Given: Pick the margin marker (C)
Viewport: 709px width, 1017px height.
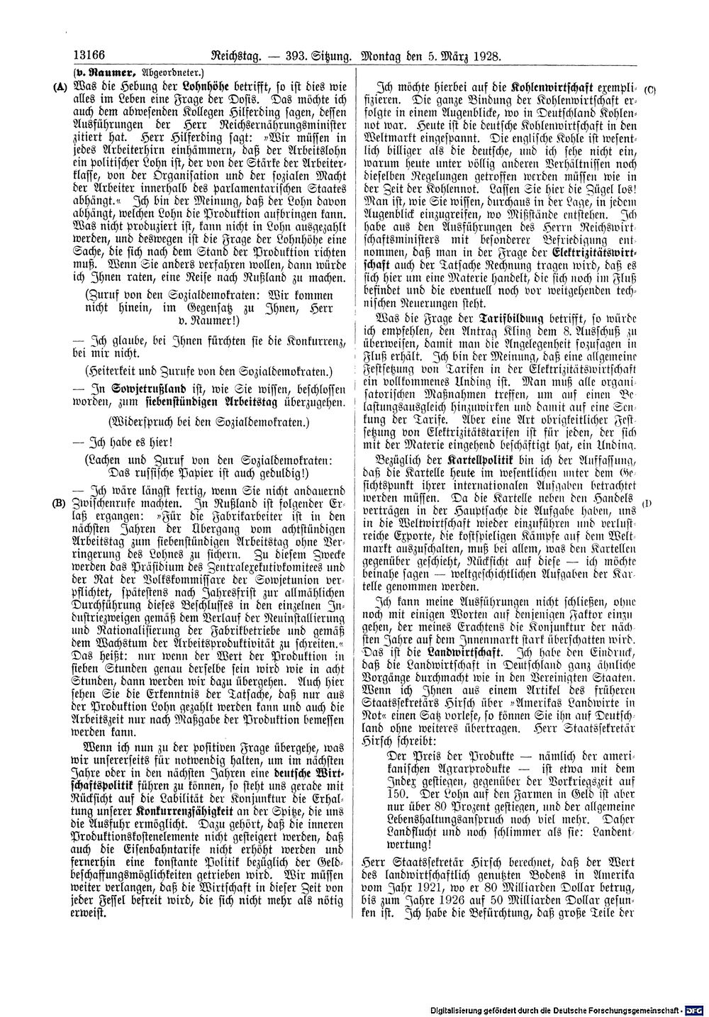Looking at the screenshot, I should (x=650, y=91).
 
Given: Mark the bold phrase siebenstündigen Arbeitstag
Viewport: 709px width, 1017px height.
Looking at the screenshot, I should (x=231, y=402).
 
